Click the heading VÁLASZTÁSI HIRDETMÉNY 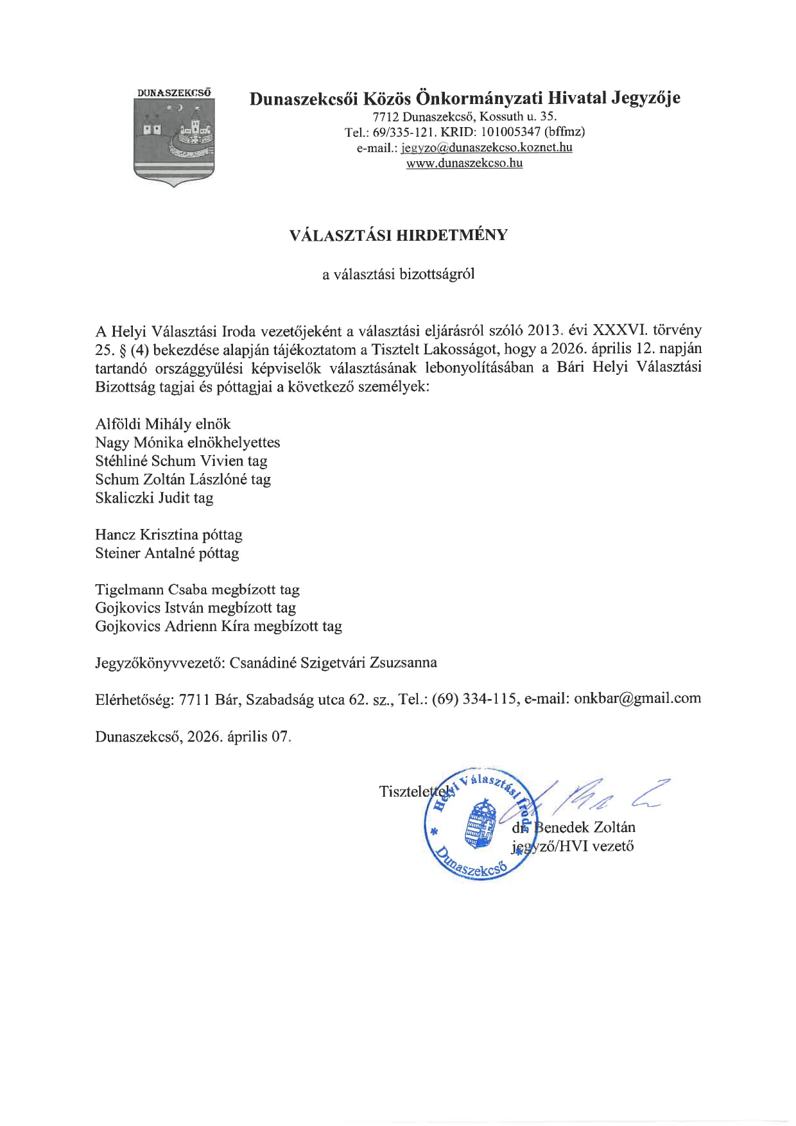tap(398, 235)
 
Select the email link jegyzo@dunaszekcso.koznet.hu tap(487, 148)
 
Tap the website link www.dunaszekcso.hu tap(464, 163)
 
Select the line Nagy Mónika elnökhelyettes tap(187, 443)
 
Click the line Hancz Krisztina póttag tap(169, 535)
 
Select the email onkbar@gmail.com tap(637, 699)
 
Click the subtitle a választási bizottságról tap(398, 275)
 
